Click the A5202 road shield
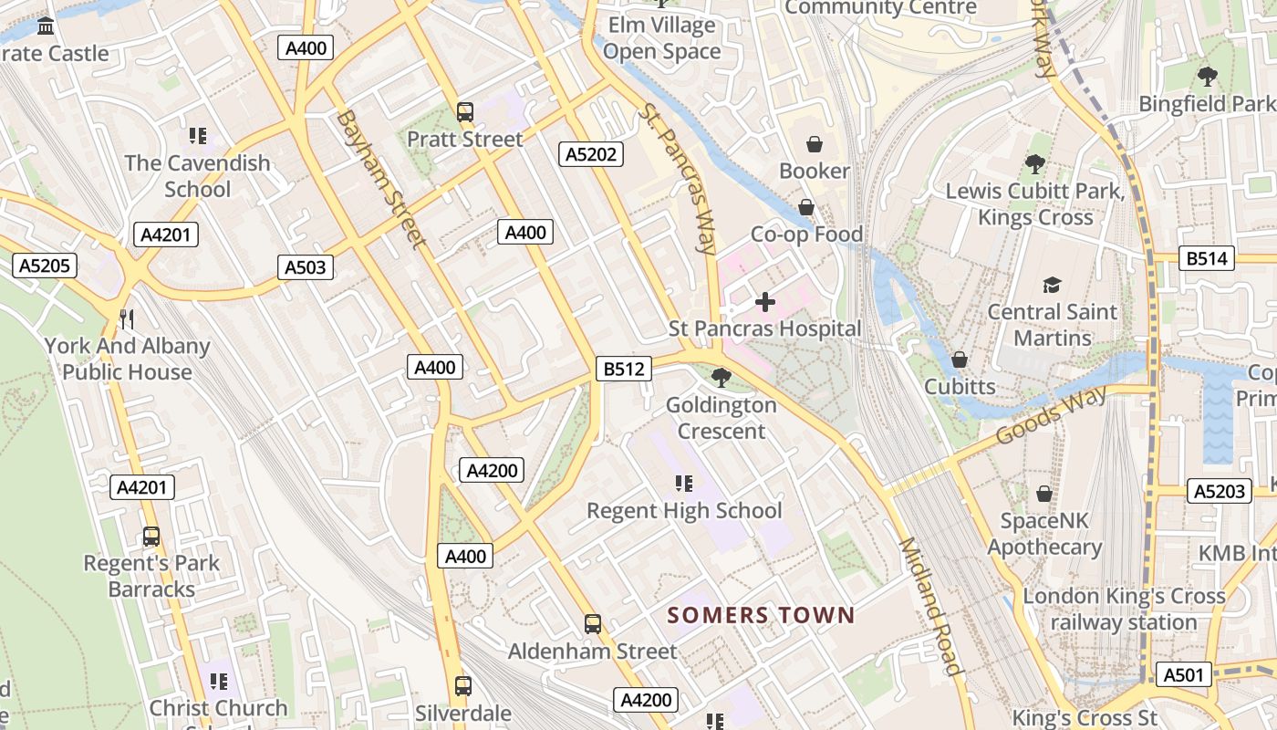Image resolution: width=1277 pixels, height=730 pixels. click(591, 154)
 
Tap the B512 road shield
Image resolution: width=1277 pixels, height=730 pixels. click(625, 369)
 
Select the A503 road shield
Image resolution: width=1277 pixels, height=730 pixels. click(306, 267)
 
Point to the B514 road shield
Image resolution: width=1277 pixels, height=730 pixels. click(1207, 258)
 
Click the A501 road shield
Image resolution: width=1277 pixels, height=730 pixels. click(1185, 675)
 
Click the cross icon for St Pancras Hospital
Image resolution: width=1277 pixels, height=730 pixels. click(765, 302)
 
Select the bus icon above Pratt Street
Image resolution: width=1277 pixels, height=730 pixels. click(465, 112)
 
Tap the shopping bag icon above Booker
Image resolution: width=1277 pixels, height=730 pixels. click(814, 144)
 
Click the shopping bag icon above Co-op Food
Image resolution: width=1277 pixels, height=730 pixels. click(806, 208)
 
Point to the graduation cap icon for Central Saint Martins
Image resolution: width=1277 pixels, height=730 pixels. click(1052, 285)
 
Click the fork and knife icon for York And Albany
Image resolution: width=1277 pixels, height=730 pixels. click(127, 319)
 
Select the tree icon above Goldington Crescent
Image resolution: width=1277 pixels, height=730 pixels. click(721, 377)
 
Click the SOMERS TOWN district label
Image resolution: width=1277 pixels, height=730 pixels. click(761, 615)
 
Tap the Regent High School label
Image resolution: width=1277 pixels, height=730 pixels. click(684, 510)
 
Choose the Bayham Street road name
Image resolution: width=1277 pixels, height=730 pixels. click(379, 179)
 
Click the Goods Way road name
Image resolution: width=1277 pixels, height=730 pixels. click(1051, 415)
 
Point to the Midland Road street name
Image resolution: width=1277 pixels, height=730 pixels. click(930, 607)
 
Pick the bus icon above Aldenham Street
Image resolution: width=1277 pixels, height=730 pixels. click(593, 624)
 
